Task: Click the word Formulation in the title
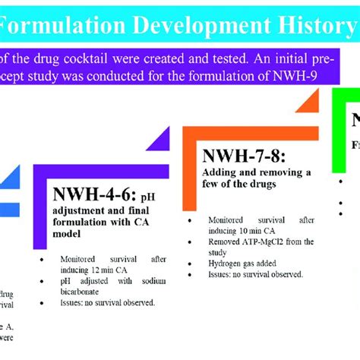pos(56,25)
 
